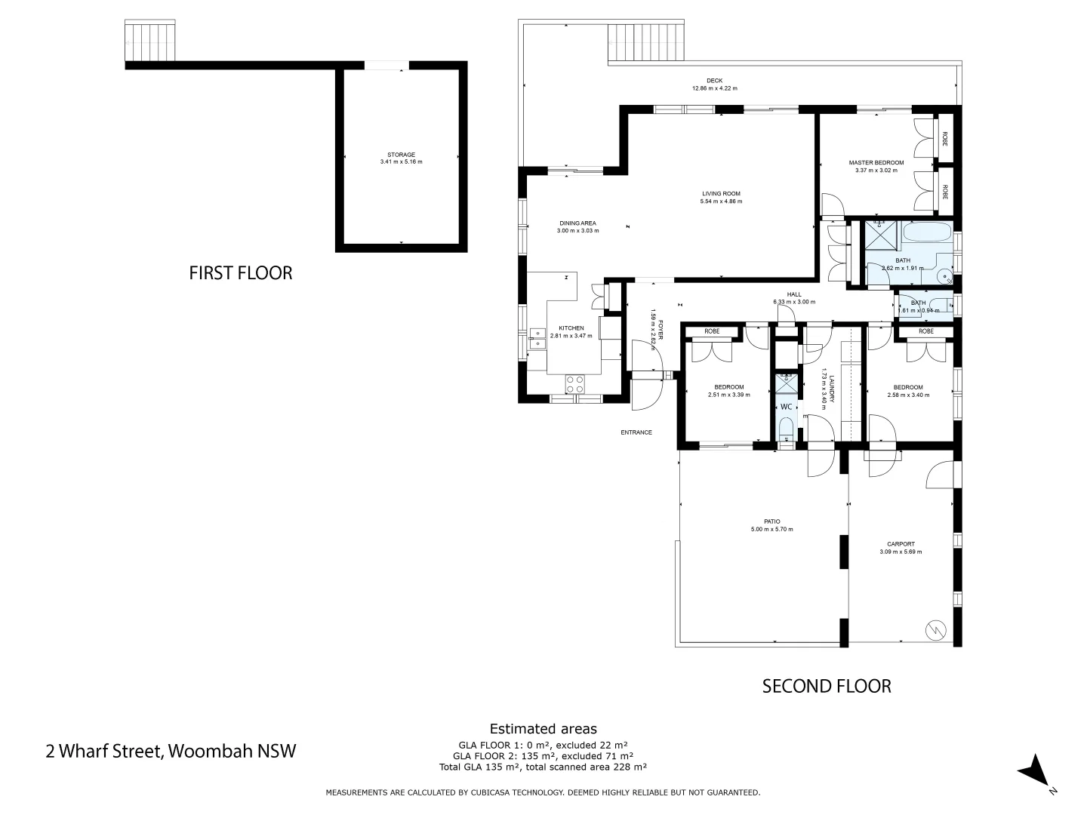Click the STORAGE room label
pos(401,155)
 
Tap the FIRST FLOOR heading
pos(240,272)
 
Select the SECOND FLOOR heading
pos(826,686)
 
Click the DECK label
pos(714,81)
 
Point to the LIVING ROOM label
pos(721,194)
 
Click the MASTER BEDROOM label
pos(876,162)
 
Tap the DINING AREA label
pos(577,223)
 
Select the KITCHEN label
pos(571,328)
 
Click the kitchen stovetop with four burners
pos(574,384)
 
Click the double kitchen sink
pos(537,338)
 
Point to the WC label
pos(786,407)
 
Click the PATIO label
pos(771,521)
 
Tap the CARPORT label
pos(901,544)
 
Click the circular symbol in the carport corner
pos(935,629)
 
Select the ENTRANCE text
pos(636,432)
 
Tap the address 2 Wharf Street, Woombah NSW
pos(171,751)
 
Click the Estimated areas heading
pos(543,728)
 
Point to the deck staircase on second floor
pos(647,44)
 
